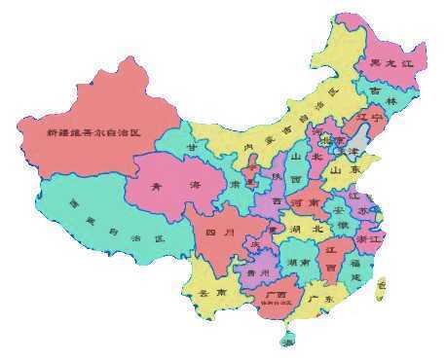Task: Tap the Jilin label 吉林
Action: (386, 101)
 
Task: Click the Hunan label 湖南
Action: (300, 263)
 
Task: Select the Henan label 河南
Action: (305, 202)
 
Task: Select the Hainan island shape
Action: (286, 341)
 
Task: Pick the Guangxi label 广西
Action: (275, 295)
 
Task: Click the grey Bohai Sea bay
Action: (360, 146)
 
